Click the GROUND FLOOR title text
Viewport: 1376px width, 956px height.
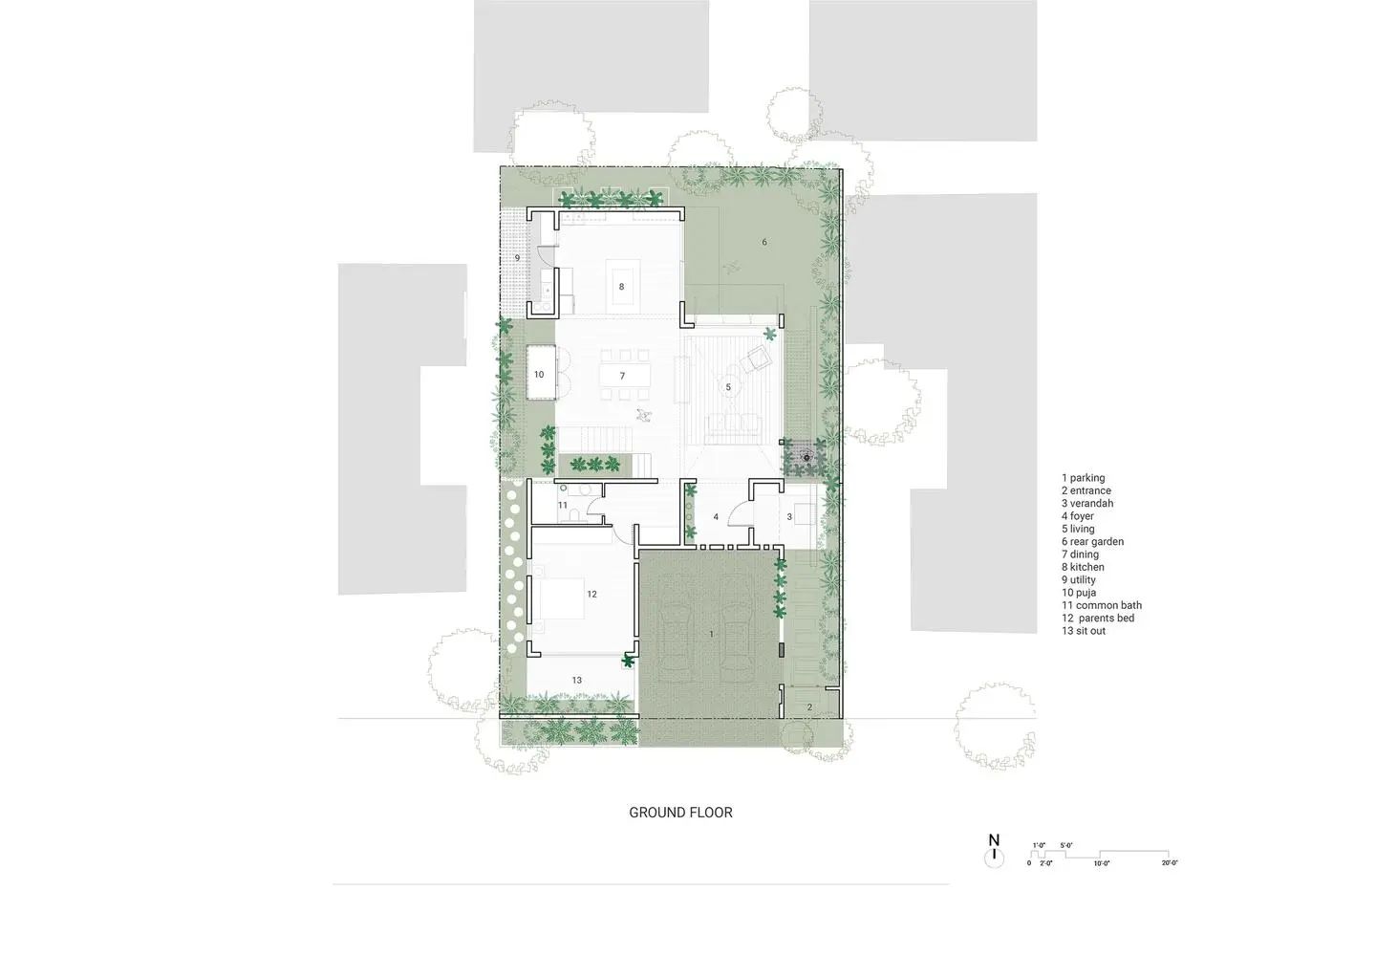(680, 813)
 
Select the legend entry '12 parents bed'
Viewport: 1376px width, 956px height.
(1098, 619)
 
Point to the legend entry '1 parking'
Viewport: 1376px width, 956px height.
(1083, 478)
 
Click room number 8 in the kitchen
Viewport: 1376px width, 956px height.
(621, 287)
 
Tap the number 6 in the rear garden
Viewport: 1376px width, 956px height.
(764, 243)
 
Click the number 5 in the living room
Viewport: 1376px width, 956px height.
(728, 387)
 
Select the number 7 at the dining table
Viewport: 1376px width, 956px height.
(622, 376)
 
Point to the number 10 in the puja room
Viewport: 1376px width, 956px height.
(539, 375)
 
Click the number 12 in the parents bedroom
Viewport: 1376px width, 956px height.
(591, 595)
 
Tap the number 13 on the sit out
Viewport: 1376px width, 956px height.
(577, 681)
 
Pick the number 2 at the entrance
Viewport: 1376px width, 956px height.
(809, 707)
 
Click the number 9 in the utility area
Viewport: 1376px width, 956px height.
(517, 258)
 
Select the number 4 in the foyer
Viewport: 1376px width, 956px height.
(716, 517)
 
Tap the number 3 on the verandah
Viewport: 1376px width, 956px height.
(789, 517)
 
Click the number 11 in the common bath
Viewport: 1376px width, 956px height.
(563, 505)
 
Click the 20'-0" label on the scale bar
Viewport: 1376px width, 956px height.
(1170, 863)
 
